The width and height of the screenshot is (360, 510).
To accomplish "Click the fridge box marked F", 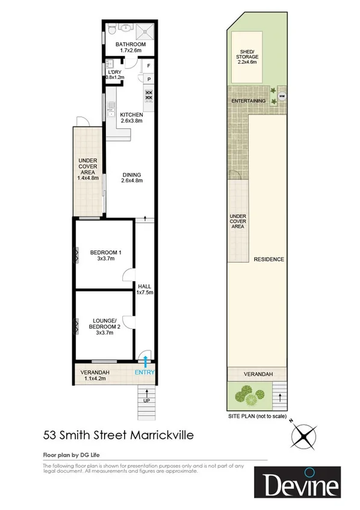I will tap(148, 64).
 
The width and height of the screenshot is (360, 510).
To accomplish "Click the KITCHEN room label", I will tap(131, 114).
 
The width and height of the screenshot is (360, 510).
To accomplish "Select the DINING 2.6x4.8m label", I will tap(131, 177).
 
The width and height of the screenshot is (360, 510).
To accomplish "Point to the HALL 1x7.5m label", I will tap(144, 289).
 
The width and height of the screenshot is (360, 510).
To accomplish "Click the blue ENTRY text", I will tap(144, 372).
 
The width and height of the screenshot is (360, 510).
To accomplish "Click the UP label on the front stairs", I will tap(146, 400).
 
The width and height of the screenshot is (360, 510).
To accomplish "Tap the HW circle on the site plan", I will tap(281, 95).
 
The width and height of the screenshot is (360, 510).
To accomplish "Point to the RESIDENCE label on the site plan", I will tap(268, 260).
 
